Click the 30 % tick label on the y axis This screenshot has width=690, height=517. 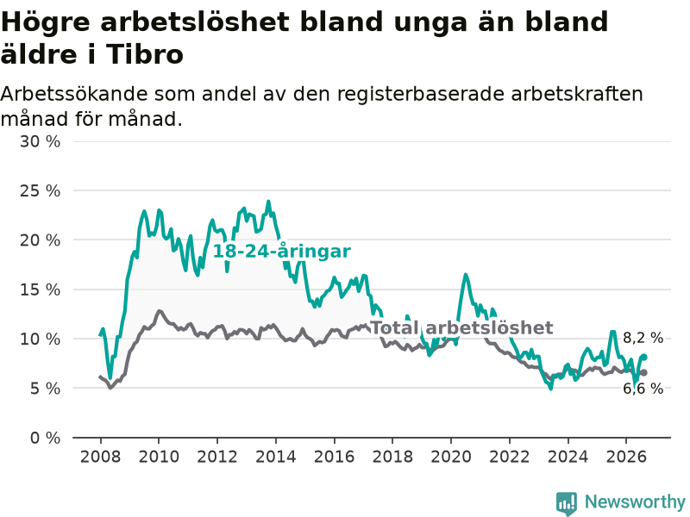pos(40,141)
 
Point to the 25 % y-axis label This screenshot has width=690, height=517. pos(40,190)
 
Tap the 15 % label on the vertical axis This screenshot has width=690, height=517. pos(40,290)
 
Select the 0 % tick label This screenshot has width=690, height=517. pos(46,438)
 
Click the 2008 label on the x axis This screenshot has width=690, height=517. pos(100,457)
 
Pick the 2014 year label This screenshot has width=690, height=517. pos(276,457)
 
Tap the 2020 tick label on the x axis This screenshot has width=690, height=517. pos(451,457)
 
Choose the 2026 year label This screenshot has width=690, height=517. pos(626,457)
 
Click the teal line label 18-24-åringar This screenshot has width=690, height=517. pos(282,252)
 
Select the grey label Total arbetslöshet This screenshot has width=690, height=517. pos(461,327)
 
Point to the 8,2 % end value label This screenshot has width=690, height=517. pos(643,338)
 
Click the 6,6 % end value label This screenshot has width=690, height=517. pos(643,389)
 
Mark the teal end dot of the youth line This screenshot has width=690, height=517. pos(644,357)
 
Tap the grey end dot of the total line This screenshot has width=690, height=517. pos(644,373)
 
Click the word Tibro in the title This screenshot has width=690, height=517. pos(145,54)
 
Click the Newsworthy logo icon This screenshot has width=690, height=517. pos(567,503)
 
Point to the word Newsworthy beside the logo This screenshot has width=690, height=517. pos(635,501)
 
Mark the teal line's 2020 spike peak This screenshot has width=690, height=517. pos(466,275)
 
